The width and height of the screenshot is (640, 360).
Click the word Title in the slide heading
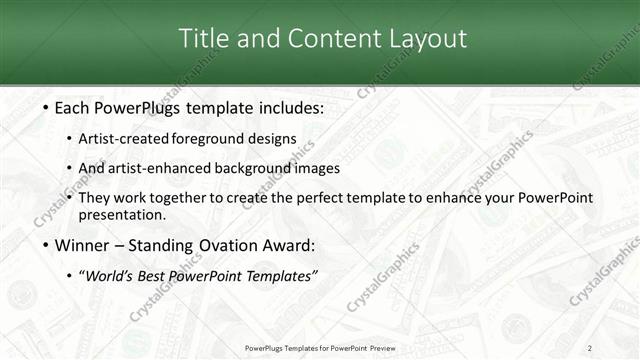pos(203,39)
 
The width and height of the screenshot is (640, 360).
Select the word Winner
pos(82,245)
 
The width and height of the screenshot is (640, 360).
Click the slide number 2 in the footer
pos(590,347)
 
